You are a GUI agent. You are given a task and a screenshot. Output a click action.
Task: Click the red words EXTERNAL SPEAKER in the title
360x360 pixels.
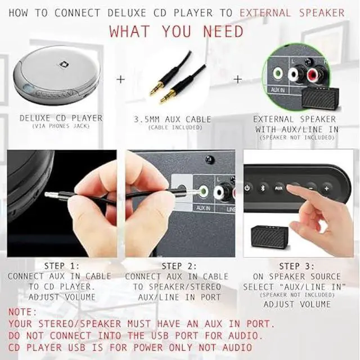point(292,12)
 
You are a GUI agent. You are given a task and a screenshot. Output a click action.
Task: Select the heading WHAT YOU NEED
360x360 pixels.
point(177,31)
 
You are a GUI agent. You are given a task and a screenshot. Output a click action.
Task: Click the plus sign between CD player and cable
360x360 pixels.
point(120,79)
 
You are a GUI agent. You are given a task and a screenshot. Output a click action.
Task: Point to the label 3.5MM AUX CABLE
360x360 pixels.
point(173,119)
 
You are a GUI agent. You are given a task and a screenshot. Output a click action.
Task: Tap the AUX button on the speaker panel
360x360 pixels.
point(278,188)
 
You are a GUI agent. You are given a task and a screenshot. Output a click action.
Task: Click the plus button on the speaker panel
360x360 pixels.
point(326,188)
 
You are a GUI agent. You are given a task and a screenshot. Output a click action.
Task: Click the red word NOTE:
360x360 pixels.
point(22,312)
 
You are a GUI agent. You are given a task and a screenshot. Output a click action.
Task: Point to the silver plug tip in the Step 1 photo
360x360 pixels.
point(49,195)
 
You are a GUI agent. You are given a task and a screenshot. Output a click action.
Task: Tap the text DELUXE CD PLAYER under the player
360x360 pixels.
point(61,118)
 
